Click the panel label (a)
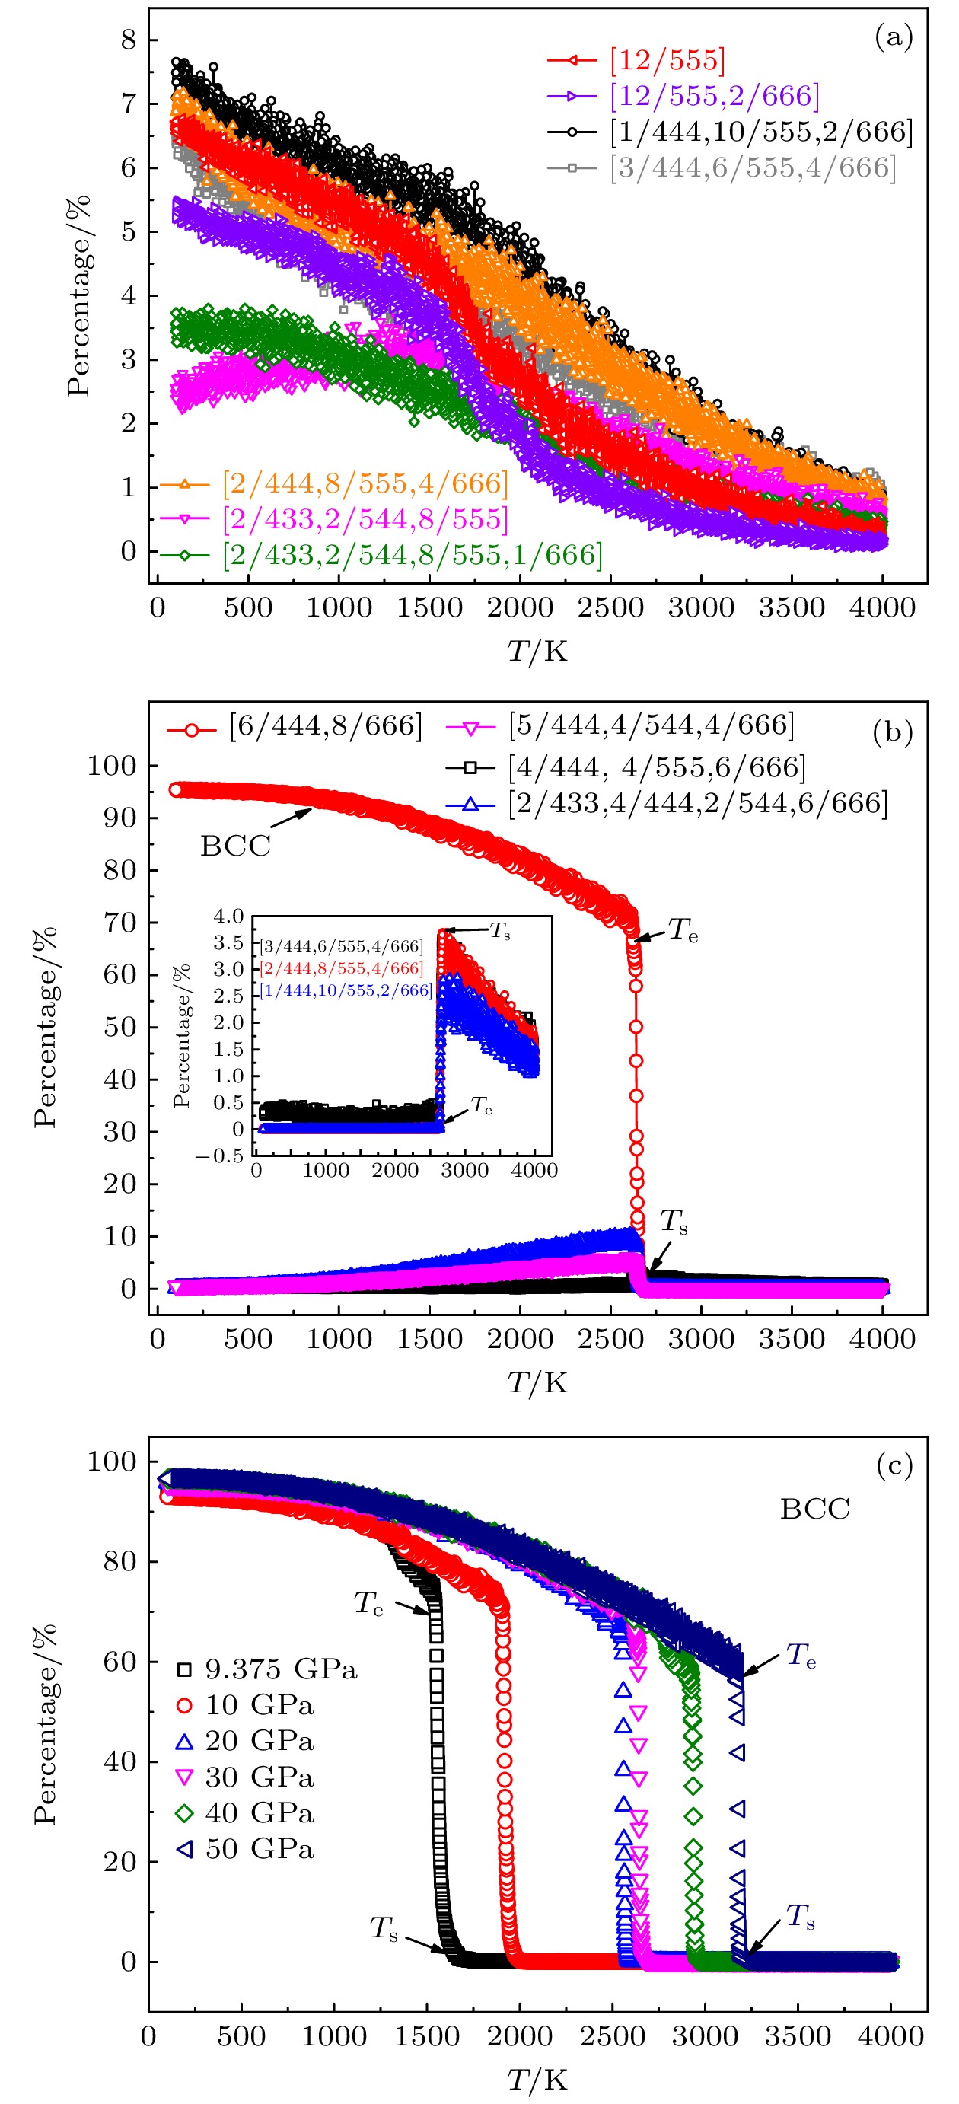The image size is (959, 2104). (x=894, y=37)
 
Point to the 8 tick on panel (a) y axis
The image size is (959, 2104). (x=129, y=40)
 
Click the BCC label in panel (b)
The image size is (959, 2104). (x=235, y=846)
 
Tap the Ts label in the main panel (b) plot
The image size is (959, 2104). (x=674, y=1222)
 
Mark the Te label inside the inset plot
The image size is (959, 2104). (x=482, y=1107)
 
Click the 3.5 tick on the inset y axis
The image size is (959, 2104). (x=229, y=942)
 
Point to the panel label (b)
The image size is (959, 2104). (x=893, y=732)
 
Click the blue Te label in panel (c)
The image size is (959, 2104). (x=801, y=1656)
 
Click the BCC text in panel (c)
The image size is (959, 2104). (x=814, y=1509)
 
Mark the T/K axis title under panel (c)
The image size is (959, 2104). (x=537, y=2079)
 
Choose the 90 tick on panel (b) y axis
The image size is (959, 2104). (x=119, y=818)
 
